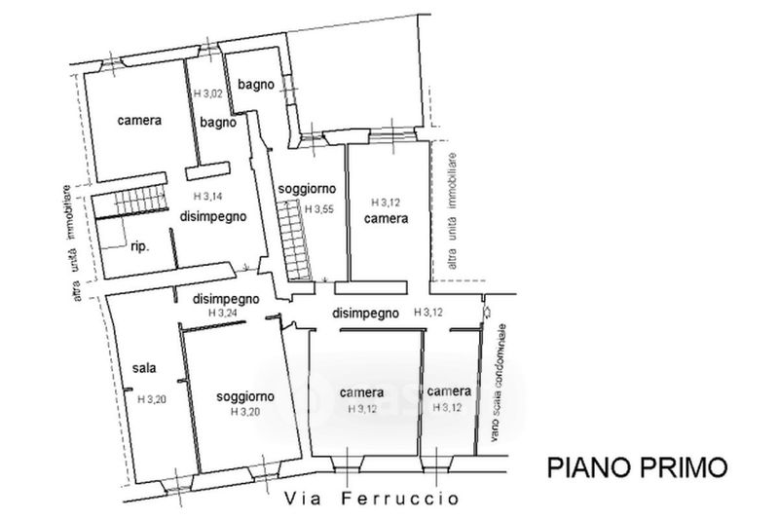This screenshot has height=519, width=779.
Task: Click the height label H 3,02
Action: pos(208,93)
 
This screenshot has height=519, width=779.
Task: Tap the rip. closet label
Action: pos(138,246)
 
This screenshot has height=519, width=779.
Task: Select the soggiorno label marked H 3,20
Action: pos(244,396)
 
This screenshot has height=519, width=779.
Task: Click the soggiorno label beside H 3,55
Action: pos(307,188)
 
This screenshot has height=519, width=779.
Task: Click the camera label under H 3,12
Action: pos(387,220)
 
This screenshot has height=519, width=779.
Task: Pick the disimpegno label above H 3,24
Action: pos(225,298)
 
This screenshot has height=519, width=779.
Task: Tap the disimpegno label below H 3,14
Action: pos(210,215)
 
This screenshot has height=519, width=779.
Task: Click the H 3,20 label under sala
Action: pos(152,398)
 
